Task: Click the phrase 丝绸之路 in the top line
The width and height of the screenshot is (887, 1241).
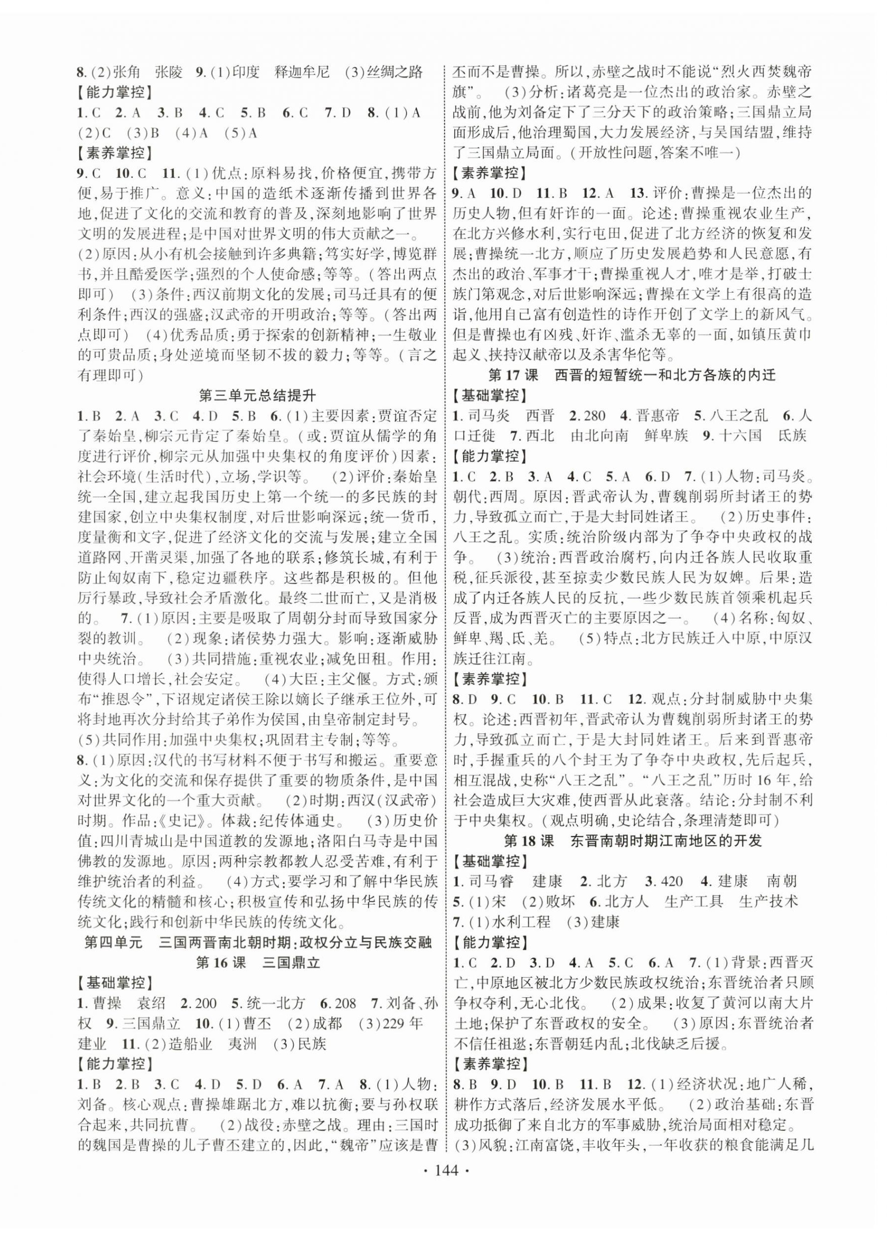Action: tap(397, 72)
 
